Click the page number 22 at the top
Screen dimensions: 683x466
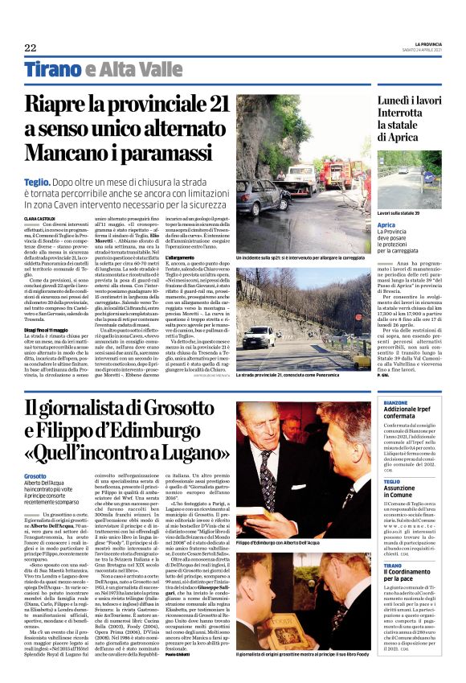[30, 47]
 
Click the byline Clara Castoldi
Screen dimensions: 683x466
[39, 218]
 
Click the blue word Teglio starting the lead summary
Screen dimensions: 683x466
[39, 183]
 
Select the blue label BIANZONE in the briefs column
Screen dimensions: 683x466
[396, 402]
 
